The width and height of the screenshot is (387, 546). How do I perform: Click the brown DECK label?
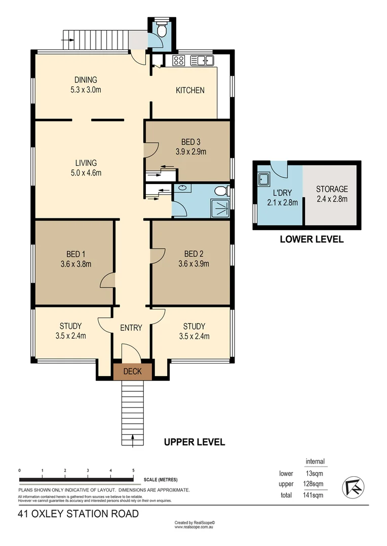pos(132,372)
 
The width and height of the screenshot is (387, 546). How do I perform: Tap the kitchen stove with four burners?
pos(178,61)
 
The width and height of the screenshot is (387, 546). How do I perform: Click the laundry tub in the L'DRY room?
pos(264,179)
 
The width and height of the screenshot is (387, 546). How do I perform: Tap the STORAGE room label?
pos(332,189)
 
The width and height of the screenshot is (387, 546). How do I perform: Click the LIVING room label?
pos(86,163)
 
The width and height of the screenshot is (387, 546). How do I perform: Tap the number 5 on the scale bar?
pos(133,470)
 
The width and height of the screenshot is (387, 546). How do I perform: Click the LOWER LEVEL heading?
pos(312,240)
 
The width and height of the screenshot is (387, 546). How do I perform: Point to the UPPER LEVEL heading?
pos(195,442)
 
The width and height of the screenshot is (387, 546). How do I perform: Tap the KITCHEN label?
pos(190,90)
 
